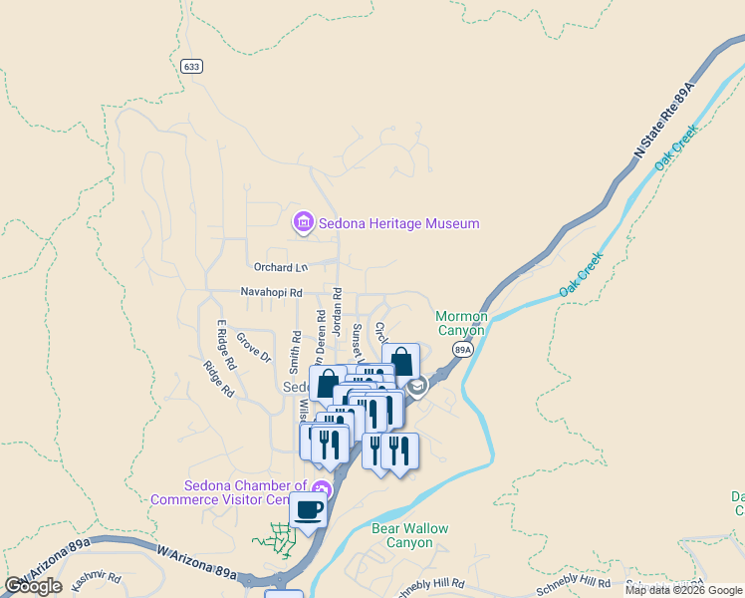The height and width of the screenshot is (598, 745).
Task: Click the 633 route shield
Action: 191,66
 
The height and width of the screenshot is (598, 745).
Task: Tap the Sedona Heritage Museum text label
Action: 398,224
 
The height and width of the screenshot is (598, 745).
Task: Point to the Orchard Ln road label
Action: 281,267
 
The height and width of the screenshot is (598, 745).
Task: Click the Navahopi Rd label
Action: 271,293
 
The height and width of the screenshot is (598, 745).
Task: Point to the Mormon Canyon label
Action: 462,323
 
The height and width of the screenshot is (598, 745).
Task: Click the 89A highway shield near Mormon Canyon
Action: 462,350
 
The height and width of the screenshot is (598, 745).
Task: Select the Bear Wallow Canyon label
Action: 409,535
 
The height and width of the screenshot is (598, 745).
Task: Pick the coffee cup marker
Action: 309,510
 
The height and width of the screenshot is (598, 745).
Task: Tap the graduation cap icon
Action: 417,385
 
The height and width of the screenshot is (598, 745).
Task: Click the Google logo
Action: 34,586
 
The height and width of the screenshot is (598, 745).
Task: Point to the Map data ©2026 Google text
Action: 683,590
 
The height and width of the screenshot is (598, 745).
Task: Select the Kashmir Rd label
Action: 95,578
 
